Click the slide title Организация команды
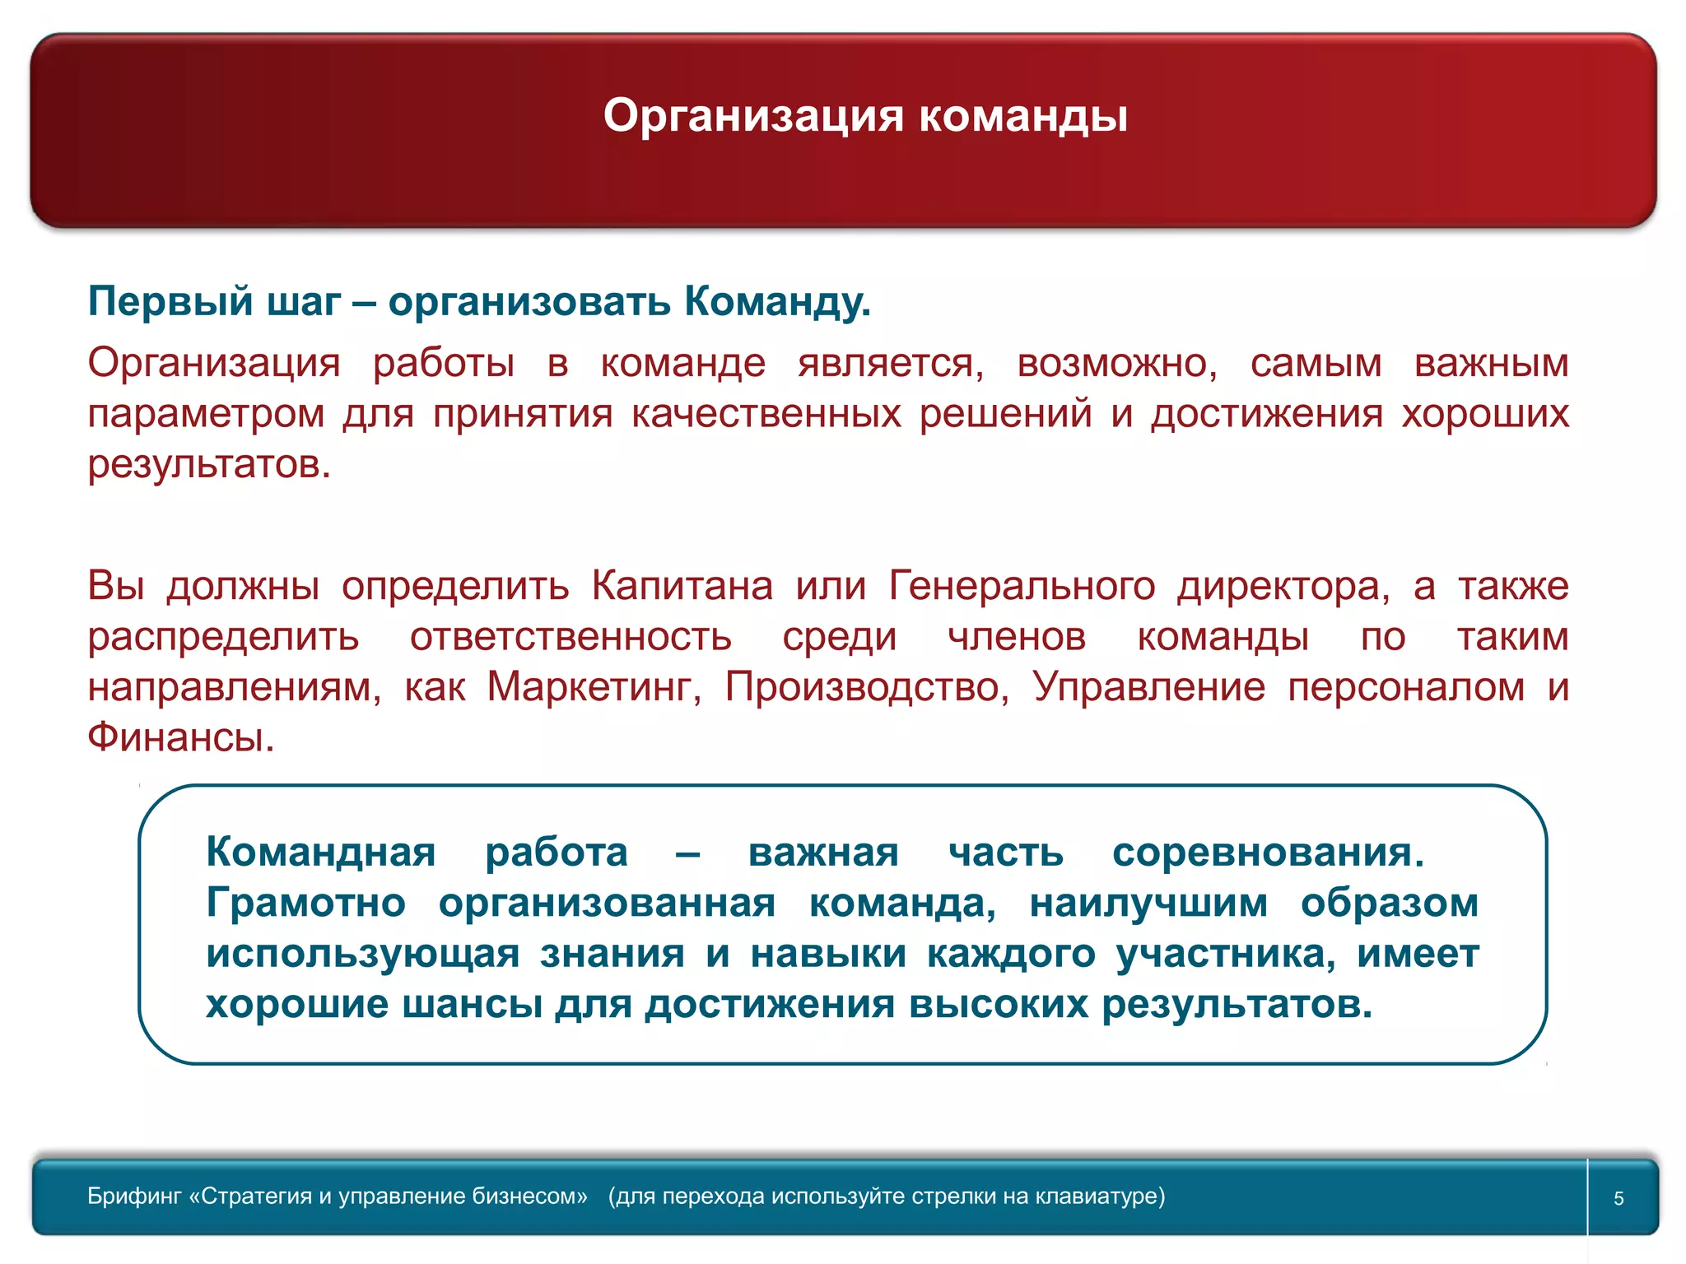865,115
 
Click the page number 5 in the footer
1618,1198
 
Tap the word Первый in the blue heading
170,301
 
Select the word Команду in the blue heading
776,301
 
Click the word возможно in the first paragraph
1116,363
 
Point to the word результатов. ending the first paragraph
209,464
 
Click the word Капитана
682,586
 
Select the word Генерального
1022,586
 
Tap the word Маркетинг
594,686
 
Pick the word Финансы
180,737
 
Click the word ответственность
571,636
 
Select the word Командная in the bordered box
320,852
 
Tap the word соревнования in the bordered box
1267,852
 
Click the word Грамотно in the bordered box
305,903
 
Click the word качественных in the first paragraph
766,413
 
